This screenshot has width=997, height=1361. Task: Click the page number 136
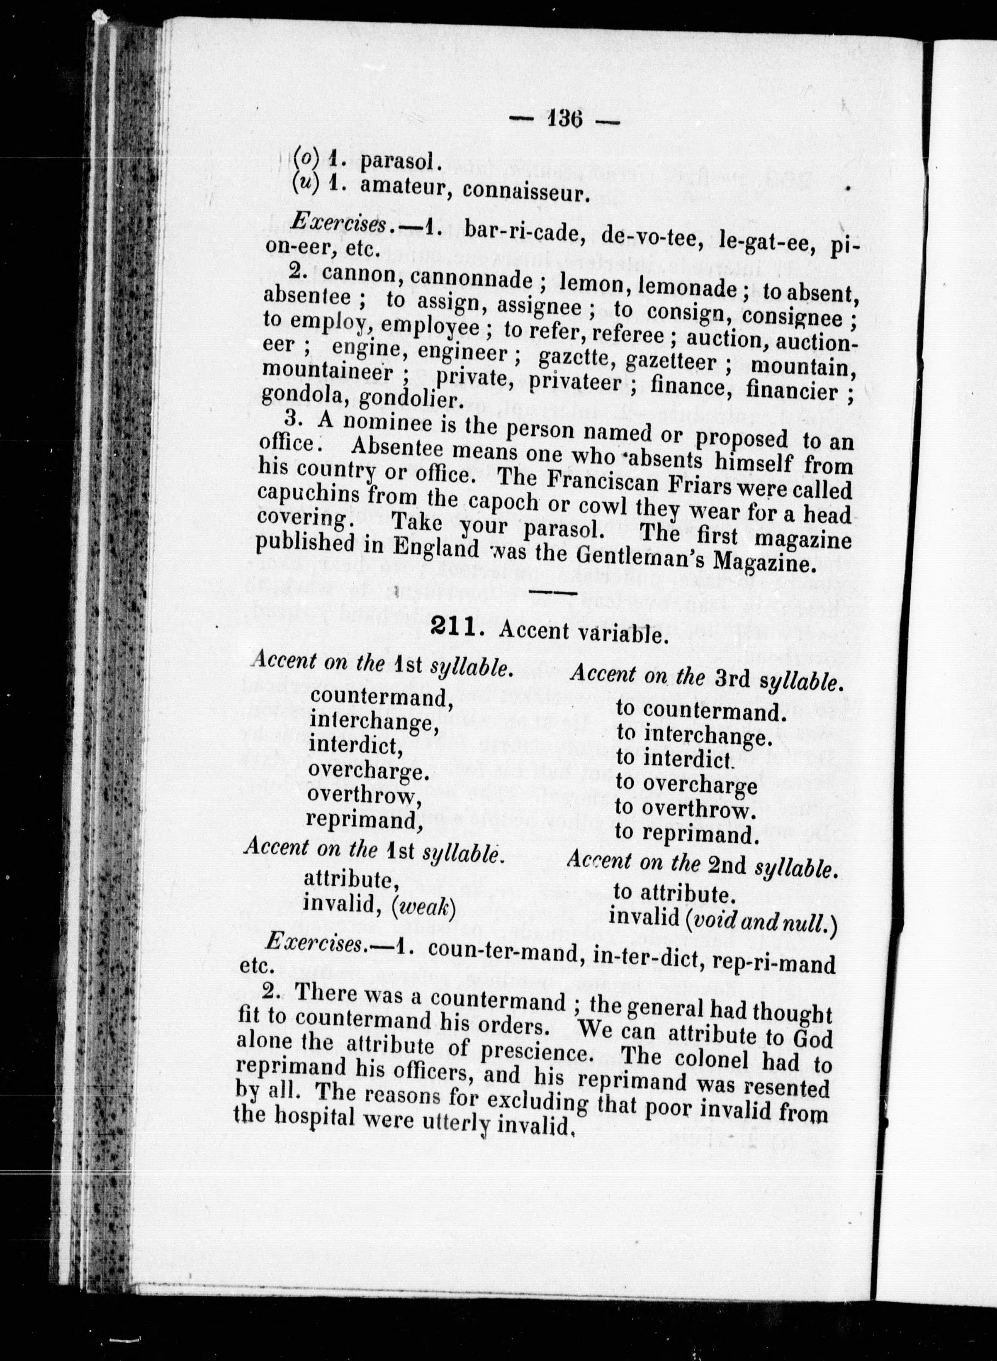[x=565, y=120]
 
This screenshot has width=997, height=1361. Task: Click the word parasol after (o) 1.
[x=397, y=161]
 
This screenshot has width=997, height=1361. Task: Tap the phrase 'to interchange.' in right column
[x=694, y=735]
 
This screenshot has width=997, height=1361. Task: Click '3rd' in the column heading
[x=732, y=678]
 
